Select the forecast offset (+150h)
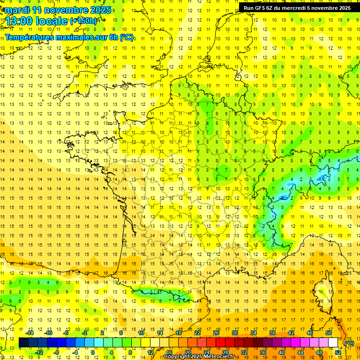tap(83, 21)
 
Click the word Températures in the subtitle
tap(30, 37)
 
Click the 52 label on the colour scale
tap(338, 352)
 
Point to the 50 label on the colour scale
tap(329, 333)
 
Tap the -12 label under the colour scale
tap(39, 352)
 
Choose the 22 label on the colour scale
tap(197, 333)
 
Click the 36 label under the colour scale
tap(263, 352)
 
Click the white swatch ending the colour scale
tap(333, 343)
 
